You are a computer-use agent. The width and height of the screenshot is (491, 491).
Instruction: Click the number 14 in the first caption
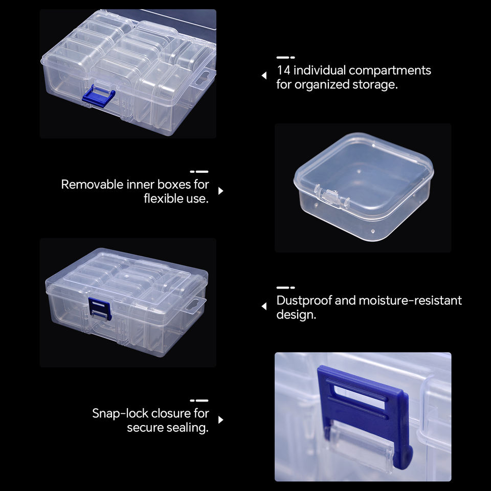(x=283, y=70)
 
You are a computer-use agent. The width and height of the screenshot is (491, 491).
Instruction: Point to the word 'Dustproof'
(x=304, y=301)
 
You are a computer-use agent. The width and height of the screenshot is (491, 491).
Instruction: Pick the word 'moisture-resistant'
(x=410, y=301)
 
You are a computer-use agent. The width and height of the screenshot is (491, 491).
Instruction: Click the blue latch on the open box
(x=98, y=96)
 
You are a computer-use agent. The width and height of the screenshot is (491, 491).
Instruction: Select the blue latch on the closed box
(x=100, y=308)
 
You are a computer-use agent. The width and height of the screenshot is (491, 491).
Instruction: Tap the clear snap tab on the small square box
(x=330, y=195)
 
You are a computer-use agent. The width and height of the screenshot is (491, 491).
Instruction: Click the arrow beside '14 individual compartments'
(x=264, y=76)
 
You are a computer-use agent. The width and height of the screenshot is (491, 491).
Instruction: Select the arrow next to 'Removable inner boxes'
(x=221, y=191)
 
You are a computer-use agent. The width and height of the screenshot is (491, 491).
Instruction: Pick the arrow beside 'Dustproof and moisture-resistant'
(x=264, y=306)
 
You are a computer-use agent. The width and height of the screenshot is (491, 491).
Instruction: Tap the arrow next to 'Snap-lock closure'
(x=221, y=420)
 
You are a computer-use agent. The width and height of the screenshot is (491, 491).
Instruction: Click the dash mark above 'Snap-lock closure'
(x=199, y=400)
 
